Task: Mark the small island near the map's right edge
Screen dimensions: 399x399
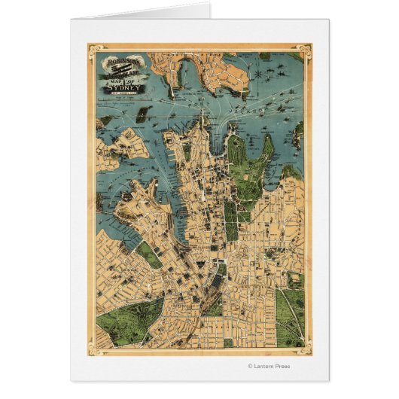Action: pos(297,136)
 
